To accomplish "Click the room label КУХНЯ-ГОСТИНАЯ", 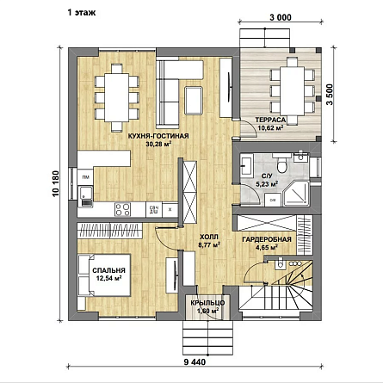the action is point(158,136).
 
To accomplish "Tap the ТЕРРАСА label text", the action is point(270,120).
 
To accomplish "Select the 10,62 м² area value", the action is point(271,127).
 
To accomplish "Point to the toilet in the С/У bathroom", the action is point(281,164).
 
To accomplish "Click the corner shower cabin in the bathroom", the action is point(296,193).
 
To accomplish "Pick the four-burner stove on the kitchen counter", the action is point(122,209).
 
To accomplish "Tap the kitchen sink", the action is point(85,196).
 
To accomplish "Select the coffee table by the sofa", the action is point(194,101).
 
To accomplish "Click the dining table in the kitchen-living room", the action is point(117,97).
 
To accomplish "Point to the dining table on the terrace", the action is point(293,91).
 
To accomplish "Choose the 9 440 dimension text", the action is point(195,362).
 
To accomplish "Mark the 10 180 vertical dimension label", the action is point(56,183).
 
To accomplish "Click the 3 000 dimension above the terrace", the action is point(281,18).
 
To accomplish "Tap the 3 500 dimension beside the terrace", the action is point(330,95).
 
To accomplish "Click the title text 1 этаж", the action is point(82,13).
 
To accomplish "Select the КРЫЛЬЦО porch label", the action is point(207,303).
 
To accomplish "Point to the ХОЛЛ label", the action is point(209,237).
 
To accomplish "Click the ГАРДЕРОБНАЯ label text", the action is point(267,239).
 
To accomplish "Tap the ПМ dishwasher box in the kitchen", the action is point(85,177).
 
